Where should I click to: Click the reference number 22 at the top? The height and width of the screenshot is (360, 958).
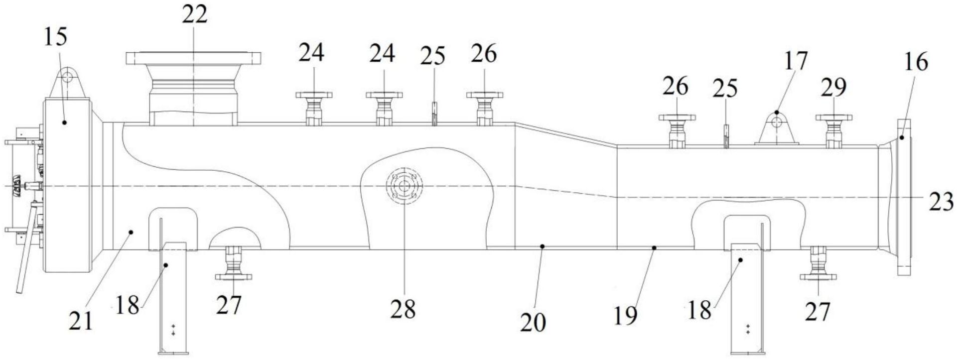tap(194, 15)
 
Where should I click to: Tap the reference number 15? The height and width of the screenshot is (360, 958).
tap(55, 37)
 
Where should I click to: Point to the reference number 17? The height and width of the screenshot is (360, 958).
tap(795, 61)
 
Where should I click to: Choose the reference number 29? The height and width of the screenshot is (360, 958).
tap(833, 87)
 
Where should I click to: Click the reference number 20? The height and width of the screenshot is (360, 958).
tap(533, 323)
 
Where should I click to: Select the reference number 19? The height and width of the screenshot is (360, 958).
tap(625, 315)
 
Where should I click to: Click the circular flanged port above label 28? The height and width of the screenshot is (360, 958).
tap(404, 186)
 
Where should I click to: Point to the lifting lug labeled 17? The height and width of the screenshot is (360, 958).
tap(776, 128)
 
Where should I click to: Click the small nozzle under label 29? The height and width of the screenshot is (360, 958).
tap(833, 131)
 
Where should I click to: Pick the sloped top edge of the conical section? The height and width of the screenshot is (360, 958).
tap(566, 134)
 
